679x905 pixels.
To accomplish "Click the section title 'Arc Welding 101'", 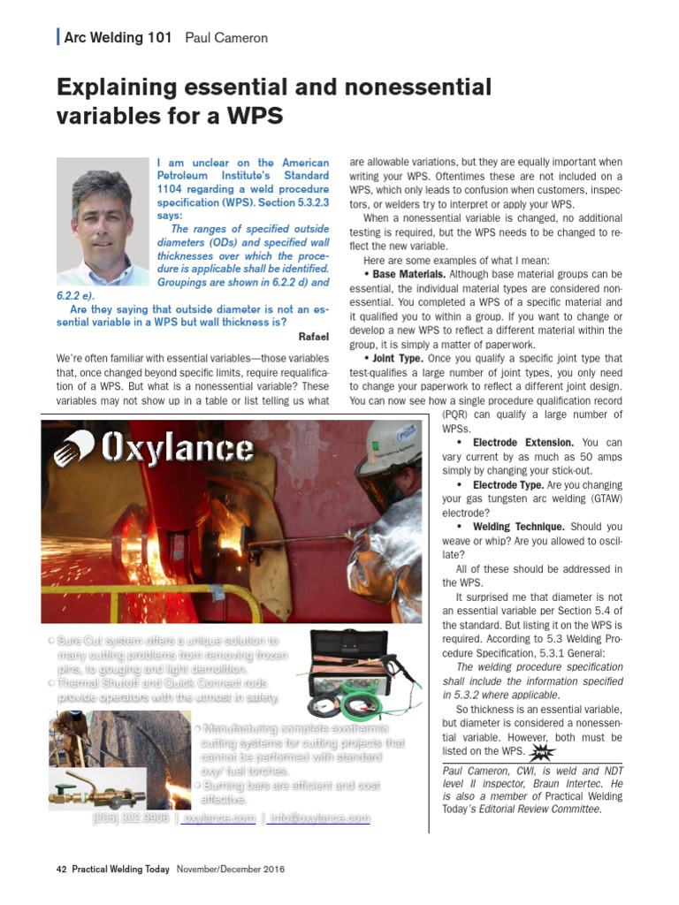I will click(118, 37).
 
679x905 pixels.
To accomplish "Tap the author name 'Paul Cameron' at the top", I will click(226, 37).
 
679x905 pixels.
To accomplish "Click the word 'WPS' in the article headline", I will click(256, 117).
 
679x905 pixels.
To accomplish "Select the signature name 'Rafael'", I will click(314, 337).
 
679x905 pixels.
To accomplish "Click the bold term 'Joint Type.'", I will click(397, 359).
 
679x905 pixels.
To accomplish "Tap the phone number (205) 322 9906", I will click(131, 819).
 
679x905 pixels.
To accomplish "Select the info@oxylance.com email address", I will click(320, 819).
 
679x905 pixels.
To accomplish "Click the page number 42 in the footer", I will click(61, 870).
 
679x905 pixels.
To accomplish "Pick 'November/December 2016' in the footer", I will click(230, 870).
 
